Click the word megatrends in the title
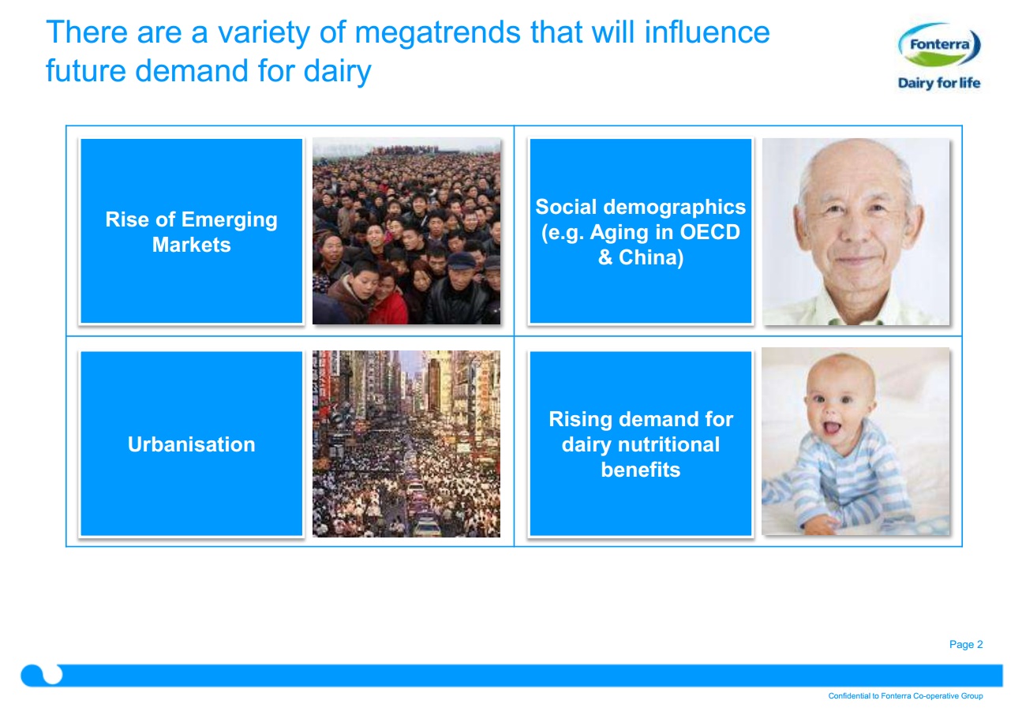[x=437, y=34]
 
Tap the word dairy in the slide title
[x=337, y=72]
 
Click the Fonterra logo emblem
[x=939, y=45]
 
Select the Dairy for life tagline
[x=939, y=83]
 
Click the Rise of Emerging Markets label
[x=191, y=232]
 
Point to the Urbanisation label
[x=191, y=444]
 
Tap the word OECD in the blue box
[x=709, y=232]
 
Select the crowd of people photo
[x=406, y=231]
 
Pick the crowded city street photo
[x=406, y=444]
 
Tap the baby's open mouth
[x=831, y=428]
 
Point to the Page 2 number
[x=966, y=644]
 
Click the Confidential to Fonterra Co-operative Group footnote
[x=905, y=695]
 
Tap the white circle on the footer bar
[x=52, y=674]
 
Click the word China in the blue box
[x=651, y=257]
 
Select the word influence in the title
[x=707, y=33]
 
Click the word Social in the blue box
[x=566, y=207]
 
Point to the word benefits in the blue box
[x=640, y=470]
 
